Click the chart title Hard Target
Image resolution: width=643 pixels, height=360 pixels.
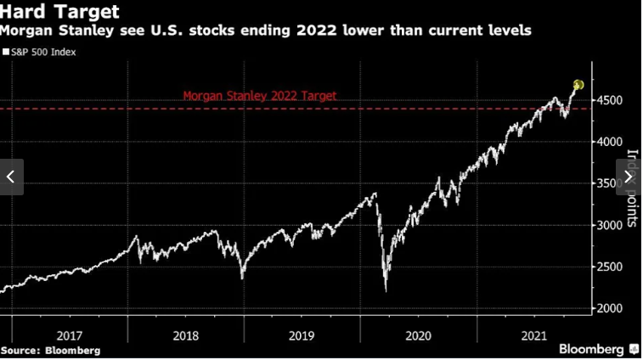click(59, 12)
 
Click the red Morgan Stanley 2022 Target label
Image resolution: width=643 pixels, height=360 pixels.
click(260, 96)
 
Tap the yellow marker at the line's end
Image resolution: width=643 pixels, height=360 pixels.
click(578, 85)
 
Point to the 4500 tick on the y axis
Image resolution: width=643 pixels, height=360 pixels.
click(611, 101)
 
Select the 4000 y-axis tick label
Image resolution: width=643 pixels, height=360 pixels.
click(611, 143)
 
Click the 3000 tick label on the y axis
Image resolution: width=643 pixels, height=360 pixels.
click(611, 226)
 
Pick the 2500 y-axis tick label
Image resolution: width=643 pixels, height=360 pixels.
click(611, 267)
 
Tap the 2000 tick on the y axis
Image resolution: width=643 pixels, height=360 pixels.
click(611, 309)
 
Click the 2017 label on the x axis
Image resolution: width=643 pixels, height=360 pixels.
click(71, 335)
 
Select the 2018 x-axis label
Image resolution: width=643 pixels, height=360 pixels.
click(186, 335)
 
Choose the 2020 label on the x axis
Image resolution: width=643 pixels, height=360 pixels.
click(419, 335)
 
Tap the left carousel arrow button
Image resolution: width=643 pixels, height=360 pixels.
click(11, 177)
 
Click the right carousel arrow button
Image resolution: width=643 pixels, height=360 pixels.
click(629, 177)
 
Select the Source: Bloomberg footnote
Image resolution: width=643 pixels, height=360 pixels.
click(50, 350)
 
